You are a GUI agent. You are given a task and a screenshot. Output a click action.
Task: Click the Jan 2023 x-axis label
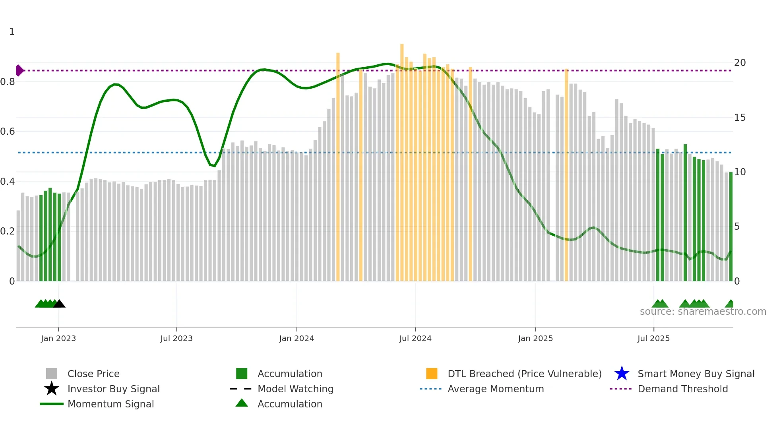click(x=58, y=338)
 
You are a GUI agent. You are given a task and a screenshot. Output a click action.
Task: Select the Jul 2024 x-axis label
click(x=415, y=338)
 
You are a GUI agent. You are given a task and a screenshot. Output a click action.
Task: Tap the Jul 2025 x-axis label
click(x=653, y=338)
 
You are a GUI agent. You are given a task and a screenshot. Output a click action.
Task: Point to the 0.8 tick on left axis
click(x=8, y=82)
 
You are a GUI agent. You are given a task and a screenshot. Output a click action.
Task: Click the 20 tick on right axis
click(x=740, y=63)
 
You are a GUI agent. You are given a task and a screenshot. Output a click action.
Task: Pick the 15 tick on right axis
click(x=740, y=118)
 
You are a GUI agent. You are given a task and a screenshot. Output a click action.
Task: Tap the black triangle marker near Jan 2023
click(x=59, y=304)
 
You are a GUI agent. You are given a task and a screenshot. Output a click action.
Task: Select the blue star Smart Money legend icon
click(x=622, y=374)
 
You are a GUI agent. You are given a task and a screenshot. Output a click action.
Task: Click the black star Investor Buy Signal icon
click(x=52, y=389)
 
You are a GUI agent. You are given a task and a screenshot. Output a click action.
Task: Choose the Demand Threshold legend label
click(x=682, y=389)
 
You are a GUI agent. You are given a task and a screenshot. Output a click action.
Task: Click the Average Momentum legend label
click(x=496, y=389)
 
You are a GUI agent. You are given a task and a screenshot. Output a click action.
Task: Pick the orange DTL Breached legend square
click(x=432, y=374)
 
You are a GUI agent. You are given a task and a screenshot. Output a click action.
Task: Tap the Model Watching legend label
click(x=295, y=389)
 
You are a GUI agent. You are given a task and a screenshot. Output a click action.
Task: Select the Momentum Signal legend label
click(x=110, y=404)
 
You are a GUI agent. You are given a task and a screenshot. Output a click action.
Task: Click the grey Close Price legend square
click(x=52, y=374)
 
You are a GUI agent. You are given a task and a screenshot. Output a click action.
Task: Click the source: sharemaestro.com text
click(x=703, y=312)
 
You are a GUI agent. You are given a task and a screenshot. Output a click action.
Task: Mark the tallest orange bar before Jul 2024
click(x=402, y=159)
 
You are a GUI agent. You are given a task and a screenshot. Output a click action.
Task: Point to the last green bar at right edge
click(x=731, y=227)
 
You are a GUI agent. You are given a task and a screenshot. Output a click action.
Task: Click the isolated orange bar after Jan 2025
click(x=566, y=175)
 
